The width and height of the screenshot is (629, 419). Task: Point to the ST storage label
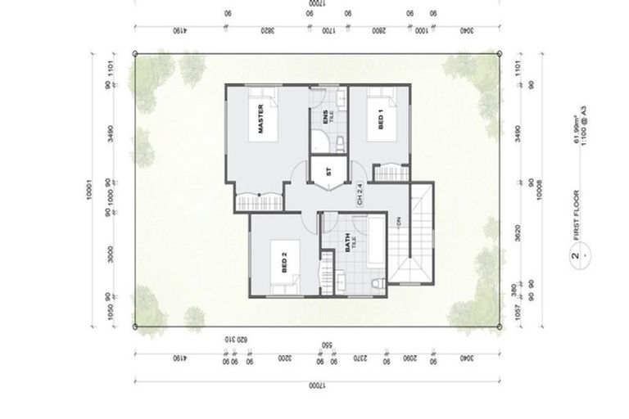tap(328, 173)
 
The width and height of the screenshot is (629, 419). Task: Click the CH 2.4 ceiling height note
tap(359, 193)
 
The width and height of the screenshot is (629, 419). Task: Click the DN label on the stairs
tap(400, 222)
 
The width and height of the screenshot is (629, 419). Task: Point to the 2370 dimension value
tap(358, 358)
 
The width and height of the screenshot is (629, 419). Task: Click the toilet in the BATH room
tap(375, 283)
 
